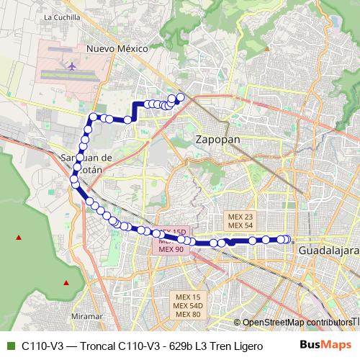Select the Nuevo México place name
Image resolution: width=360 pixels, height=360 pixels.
pos(117,48)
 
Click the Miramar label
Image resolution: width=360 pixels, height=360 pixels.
pos(88,316)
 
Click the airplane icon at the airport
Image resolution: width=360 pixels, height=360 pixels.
pos(72,67)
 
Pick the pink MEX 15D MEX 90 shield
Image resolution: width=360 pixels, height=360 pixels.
pos(171,243)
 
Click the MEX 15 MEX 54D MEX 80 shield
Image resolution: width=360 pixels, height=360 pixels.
pos(187,305)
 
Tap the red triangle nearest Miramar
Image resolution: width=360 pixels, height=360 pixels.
pos(66,282)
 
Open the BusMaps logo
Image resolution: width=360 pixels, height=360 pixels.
pos(326,345)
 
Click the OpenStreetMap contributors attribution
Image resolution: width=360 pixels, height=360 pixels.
pos(296,323)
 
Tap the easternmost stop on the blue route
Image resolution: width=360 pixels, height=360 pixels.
pos(287,240)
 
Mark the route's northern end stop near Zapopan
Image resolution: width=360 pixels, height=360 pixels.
pos(181,97)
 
